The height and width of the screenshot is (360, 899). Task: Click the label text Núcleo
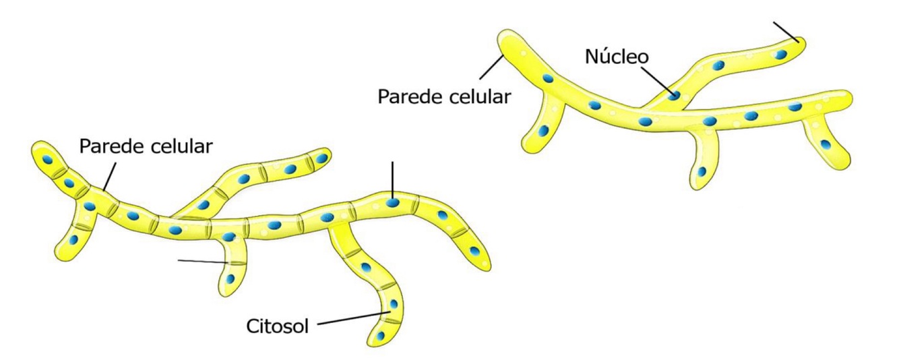(x=617, y=56)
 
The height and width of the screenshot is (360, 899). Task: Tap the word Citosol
(x=277, y=326)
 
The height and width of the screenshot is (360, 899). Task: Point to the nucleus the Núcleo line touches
(x=674, y=95)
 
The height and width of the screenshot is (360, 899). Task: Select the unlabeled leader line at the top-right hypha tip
(x=785, y=31)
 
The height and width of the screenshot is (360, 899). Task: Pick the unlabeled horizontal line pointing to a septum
(x=202, y=262)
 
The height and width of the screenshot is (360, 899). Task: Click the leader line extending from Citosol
(x=350, y=318)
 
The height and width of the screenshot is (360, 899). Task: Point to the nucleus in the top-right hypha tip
(x=782, y=53)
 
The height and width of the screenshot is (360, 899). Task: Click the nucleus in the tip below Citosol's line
(x=381, y=335)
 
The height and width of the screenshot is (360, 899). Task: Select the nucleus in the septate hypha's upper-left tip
(x=49, y=160)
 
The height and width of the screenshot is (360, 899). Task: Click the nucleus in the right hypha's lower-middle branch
(x=702, y=172)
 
